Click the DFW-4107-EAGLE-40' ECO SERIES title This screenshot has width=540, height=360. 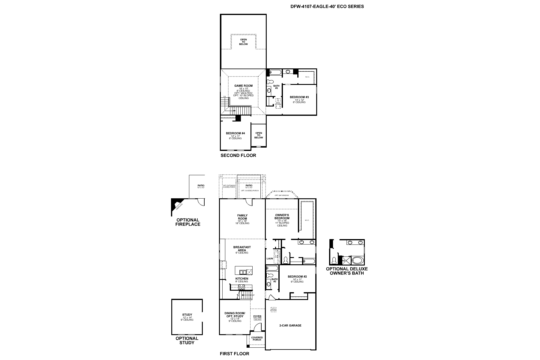click(x=327, y=6)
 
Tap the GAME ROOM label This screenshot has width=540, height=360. click(x=243, y=86)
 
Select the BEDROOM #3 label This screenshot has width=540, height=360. click(x=299, y=97)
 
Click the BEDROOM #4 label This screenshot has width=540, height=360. click(x=235, y=133)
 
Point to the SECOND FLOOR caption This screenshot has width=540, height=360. click(x=238, y=155)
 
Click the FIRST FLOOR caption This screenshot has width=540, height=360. click(x=234, y=354)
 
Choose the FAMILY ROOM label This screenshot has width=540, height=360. click(x=242, y=217)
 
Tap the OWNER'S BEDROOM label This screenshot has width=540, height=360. click(x=282, y=217)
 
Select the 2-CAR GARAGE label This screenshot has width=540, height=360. click(x=290, y=325)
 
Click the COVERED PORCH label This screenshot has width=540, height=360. click(x=257, y=339)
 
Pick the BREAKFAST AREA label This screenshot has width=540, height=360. click(x=242, y=249)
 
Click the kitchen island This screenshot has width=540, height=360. click(x=243, y=270)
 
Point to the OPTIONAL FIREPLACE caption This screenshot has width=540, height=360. click(x=188, y=222)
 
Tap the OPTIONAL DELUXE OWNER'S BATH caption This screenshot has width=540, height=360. click(x=346, y=271)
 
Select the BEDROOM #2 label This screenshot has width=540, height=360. click(x=297, y=277)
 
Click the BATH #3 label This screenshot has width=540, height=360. click(x=276, y=87)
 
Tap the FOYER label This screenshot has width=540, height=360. click(x=257, y=316)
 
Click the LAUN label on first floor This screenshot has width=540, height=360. click(x=269, y=258)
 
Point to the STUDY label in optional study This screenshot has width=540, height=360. click(x=187, y=315)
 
